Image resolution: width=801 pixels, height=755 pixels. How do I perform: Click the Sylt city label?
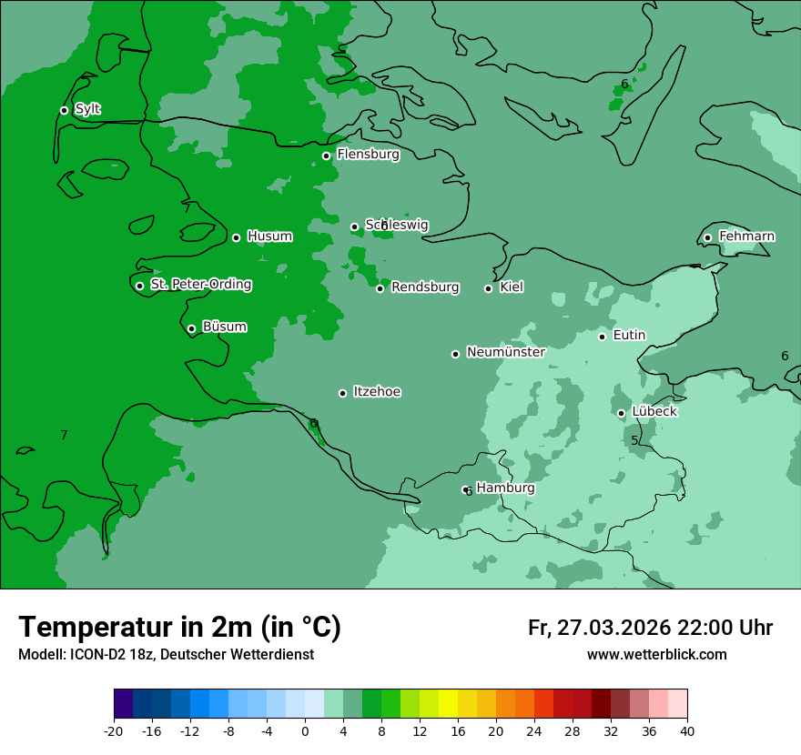[x=87, y=109]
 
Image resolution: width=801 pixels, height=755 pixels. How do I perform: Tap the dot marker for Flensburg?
[x=326, y=156]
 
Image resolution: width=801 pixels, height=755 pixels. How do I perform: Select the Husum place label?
[x=269, y=237]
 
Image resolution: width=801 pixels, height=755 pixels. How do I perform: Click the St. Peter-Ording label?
[x=200, y=285]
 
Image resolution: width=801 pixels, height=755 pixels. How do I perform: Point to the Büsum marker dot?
[x=191, y=329]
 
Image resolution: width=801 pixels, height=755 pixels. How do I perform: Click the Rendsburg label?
[x=425, y=287]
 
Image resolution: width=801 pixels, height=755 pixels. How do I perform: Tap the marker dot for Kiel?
[x=488, y=288]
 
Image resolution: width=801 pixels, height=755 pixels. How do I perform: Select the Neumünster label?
[x=505, y=352]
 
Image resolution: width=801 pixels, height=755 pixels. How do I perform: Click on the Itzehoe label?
[x=377, y=392]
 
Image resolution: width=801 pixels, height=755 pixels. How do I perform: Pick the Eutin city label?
[x=629, y=336]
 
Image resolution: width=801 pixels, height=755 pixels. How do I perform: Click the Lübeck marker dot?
[x=621, y=413]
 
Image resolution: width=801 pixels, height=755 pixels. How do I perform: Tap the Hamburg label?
[x=505, y=488]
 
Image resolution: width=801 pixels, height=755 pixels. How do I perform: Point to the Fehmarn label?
[x=746, y=237]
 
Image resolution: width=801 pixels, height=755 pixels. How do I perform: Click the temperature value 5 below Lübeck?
[x=634, y=441]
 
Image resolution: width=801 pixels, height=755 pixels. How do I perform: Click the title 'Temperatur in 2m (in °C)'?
[x=179, y=627]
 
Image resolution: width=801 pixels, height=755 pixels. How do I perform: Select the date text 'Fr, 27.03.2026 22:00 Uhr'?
[x=650, y=628]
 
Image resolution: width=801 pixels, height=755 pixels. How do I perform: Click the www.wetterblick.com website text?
[x=656, y=655]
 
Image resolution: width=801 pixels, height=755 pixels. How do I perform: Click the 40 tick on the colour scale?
[x=687, y=731]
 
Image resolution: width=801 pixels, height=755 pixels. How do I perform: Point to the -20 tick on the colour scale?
[x=114, y=731]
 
